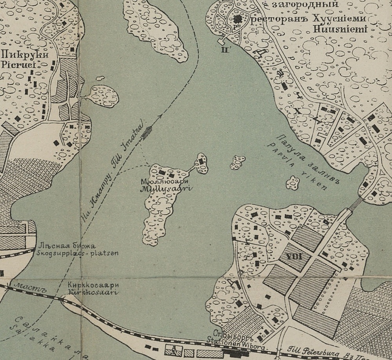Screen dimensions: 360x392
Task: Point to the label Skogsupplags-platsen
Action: click(x=78, y=253)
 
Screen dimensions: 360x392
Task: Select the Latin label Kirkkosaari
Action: click(x=93, y=292)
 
